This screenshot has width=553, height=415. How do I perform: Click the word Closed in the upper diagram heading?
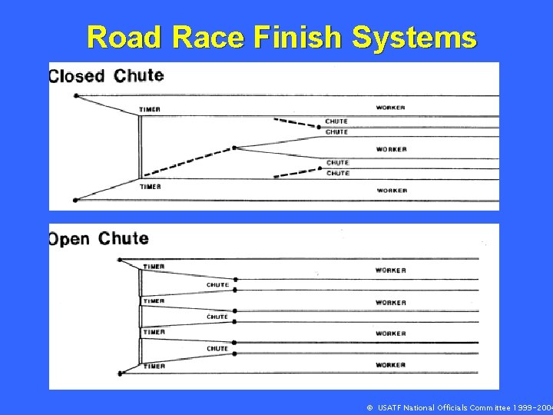point(76,76)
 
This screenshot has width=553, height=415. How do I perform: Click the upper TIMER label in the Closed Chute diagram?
point(150,109)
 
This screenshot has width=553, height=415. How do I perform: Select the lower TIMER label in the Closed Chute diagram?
point(150,187)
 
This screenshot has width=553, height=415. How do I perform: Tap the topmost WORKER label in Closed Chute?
point(391,108)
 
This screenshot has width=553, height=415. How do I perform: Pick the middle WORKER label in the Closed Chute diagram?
point(391,149)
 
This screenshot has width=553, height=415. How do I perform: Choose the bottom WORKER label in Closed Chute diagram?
point(391,190)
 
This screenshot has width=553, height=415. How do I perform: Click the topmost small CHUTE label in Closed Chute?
point(336,121)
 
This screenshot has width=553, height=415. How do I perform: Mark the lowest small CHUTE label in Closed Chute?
point(337,174)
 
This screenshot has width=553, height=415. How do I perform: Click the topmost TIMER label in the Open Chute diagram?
point(154,267)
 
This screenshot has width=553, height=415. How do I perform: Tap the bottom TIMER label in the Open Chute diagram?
point(154,366)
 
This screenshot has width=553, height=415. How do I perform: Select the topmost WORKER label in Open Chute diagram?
point(390,271)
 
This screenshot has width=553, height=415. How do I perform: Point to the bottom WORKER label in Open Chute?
point(390,365)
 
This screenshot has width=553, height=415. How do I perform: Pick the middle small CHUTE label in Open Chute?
point(217,317)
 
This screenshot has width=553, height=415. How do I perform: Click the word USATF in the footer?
point(392,407)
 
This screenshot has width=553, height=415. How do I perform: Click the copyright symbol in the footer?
point(369,407)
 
